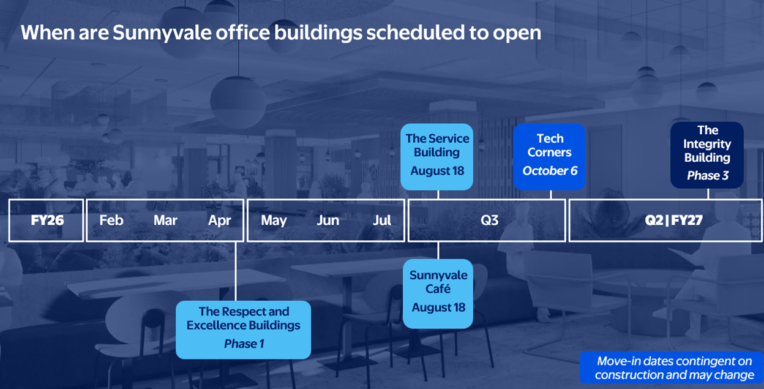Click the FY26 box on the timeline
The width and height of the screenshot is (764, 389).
[x=46, y=221]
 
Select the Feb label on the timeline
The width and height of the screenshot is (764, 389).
[x=111, y=221]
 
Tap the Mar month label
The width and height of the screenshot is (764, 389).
[x=165, y=221]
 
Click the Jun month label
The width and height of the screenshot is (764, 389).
[x=328, y=221]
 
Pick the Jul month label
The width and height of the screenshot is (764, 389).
[x=381, y=221]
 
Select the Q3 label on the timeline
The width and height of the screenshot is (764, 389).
[x=490, y=221]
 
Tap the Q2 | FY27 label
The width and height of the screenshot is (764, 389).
[x=673, y=221]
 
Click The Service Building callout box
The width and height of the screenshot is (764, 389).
[x=437, y=157]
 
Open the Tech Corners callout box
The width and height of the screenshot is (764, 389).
[x=550, y=157]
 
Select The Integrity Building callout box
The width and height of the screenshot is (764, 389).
[x=707, y=155]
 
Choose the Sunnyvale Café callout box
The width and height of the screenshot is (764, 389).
[x=438, y=294]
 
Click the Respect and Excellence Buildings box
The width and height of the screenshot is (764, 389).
[x=243, y=330]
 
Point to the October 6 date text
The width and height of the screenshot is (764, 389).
[x=550, y=171]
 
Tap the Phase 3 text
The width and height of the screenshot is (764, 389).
[x=708, y=175]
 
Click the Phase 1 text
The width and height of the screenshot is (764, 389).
[x=244, y=344]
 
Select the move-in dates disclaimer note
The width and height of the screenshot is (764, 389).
[x=672, y=368]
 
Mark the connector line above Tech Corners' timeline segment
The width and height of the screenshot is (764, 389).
[x=551, y=195]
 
